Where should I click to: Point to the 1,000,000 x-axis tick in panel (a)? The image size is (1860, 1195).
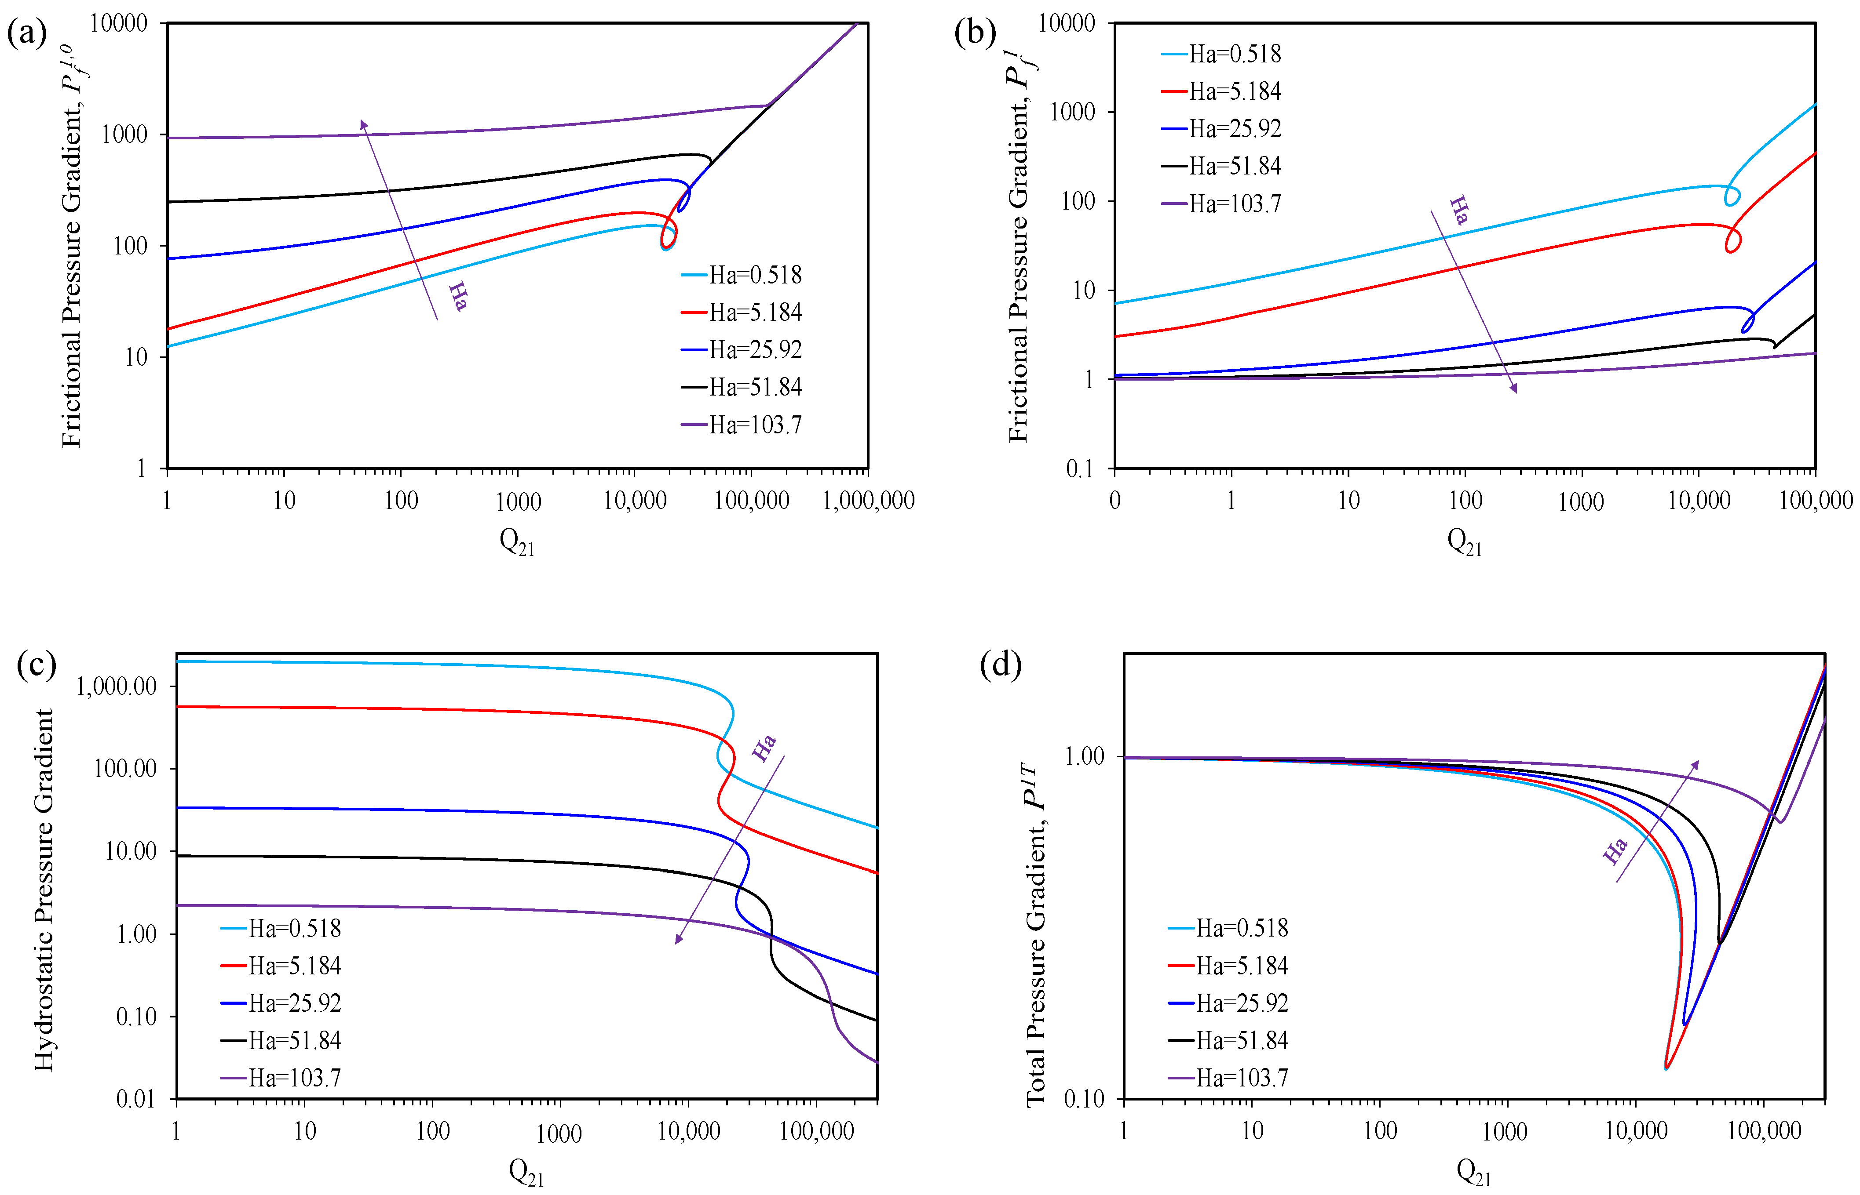[x=868, y=501]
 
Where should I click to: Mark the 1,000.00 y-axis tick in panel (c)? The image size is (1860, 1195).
[x=117, y=686]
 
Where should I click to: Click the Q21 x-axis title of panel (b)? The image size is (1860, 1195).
[x=1464, y=541]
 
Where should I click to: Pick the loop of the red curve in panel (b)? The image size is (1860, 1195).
[x=1733, y=240]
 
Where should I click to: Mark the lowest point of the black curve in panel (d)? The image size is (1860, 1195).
[x=1720, y=942]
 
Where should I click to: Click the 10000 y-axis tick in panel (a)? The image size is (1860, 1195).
[x=118, y=23]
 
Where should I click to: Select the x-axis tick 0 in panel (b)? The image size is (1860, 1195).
[x=1115, y=501]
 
